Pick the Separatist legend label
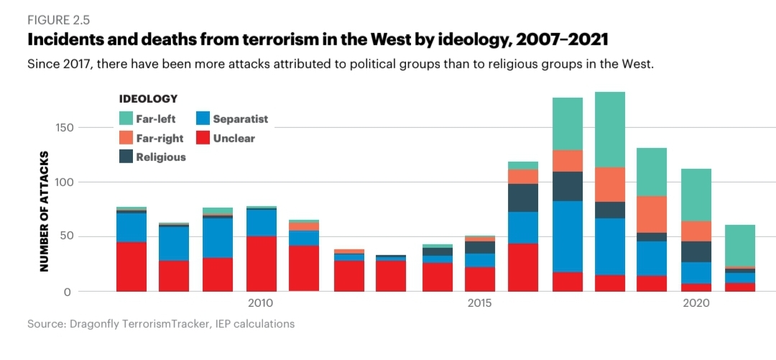240,119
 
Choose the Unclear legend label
234,138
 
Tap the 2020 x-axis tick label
696,304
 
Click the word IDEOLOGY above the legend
148,98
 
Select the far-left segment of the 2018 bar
610,129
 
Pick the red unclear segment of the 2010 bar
262,264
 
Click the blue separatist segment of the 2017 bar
568,236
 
